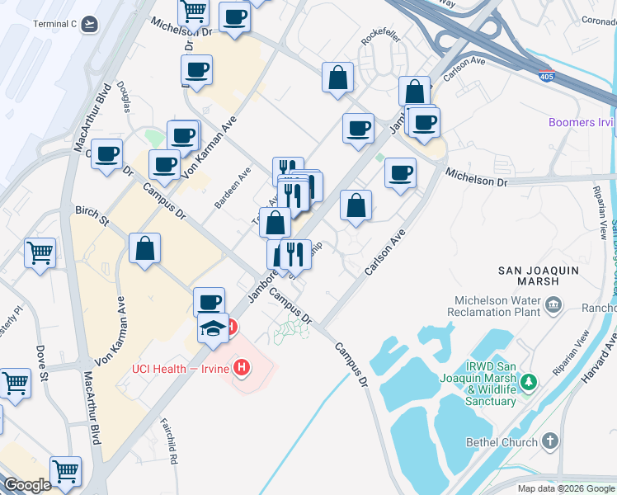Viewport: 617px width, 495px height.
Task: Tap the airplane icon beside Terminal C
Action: pos(89,24)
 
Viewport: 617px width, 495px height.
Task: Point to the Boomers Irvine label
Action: pos(582,123)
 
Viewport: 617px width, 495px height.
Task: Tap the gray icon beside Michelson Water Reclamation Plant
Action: pos(552,306)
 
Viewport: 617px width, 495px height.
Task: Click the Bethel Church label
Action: pos(506,442)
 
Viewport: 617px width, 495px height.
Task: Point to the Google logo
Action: pos(26,485)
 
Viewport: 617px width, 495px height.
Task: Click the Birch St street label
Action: pos(92,215)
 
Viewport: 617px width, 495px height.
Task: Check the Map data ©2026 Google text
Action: pos(566,488)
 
